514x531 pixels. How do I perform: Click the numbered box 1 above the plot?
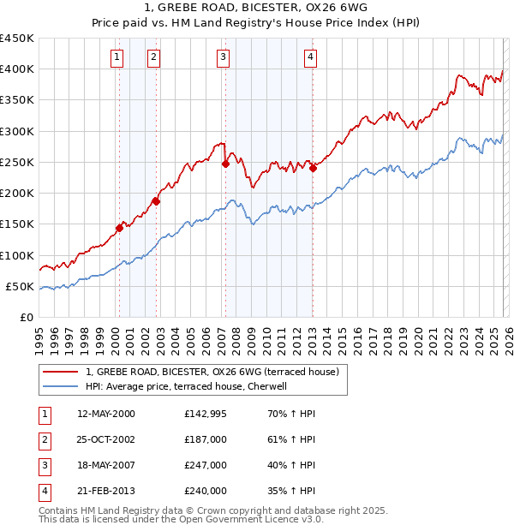click(x=116, y=57)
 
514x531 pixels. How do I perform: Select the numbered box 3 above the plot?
click(x=223, y=57)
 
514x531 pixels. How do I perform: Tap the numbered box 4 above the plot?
click(x=310, y=57)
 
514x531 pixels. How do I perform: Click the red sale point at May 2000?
click(x=120, y=228)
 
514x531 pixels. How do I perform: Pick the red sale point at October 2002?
click(x=157, y=201)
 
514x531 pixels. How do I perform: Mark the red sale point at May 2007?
click(x=225, y=164)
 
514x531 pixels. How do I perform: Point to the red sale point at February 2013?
click(x=313, y=168)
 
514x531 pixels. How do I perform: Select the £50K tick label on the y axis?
click(x=21, y=287)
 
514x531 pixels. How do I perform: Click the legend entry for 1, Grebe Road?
click(x=212, y=372)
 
